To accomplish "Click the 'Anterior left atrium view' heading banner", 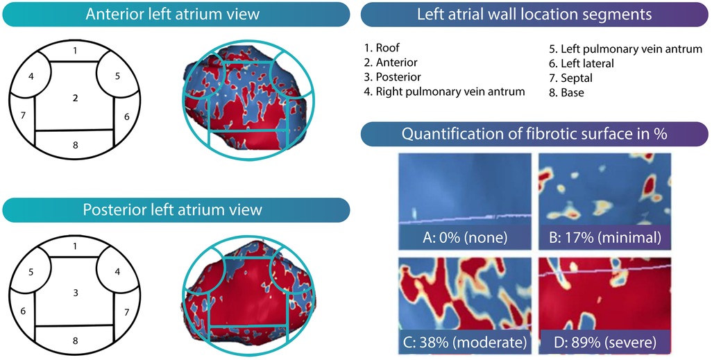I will [x=173, y=14].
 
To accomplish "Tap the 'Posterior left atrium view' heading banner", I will [x=173, y=209].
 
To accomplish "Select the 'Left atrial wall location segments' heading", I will [x=534, y=14].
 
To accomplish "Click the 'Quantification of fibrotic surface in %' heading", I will [x=534, y=134].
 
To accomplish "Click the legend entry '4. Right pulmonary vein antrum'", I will [x=444, y=91].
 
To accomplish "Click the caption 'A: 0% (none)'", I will [x=464, y=237].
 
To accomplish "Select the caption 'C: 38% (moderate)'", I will [x=464, y=341].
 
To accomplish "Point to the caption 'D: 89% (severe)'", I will [x=601, y=341].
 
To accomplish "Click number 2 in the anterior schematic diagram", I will [x=75, y=98].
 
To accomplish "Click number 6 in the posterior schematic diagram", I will [x=24, y=310].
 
